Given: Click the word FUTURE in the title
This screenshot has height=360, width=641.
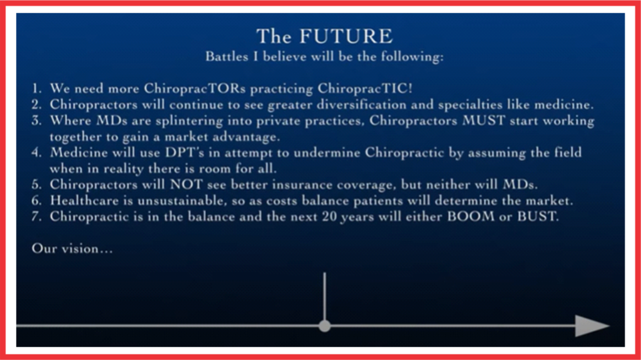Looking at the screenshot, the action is point(346,36).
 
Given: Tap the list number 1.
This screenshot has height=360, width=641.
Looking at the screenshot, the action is point(37,88).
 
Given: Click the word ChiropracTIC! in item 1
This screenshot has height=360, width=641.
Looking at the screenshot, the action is point(365,88).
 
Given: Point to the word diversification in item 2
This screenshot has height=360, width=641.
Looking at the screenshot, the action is point(361,105).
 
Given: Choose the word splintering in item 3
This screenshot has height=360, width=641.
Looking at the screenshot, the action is point(189,121).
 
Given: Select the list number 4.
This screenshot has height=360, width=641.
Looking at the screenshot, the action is point(37,153).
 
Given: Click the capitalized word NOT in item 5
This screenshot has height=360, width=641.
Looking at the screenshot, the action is point(187,185).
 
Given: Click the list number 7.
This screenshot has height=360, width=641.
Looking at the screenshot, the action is point(37,217).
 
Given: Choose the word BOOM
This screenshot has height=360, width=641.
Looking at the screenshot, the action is point(471,217).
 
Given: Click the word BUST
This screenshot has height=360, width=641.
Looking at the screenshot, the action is point(537,217).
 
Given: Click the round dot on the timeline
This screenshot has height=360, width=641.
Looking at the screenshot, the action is point(325,326).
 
